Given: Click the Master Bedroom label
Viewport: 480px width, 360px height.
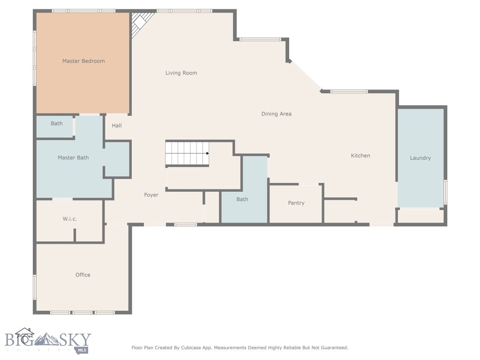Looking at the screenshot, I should point(83,61).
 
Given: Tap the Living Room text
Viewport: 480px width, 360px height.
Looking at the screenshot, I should point(181,73).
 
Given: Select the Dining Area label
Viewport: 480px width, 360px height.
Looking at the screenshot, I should point(276,114).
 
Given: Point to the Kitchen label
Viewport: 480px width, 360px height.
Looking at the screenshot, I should point(360,156).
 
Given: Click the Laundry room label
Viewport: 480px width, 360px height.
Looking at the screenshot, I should point(420,158).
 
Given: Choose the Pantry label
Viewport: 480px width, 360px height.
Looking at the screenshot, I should point(296,203).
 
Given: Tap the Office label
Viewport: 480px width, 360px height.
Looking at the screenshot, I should point(82,275).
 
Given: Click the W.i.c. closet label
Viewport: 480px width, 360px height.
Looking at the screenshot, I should point(69,219).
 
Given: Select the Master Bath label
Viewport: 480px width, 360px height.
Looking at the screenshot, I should point(73,157).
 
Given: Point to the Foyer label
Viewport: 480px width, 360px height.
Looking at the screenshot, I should point(151,195).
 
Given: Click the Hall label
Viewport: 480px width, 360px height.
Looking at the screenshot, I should point(117,126).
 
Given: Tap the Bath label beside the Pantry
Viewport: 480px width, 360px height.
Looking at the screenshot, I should point(242,199).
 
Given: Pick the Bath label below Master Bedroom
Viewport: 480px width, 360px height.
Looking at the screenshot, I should point(57,124).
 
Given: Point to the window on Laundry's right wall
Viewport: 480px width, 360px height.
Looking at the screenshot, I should point(445,192).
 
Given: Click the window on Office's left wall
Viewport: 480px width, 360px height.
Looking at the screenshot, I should point(34,287).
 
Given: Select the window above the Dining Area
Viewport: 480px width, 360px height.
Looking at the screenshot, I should point(260,39).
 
